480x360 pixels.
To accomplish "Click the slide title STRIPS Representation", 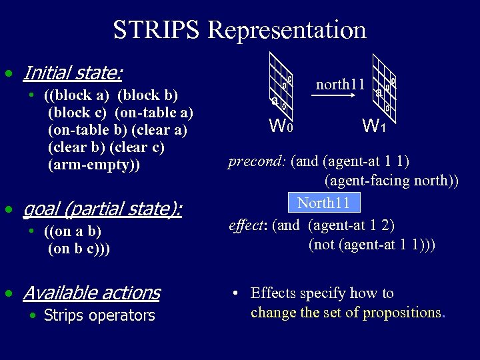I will [239, 30].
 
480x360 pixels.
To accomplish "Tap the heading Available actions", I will [91, 293].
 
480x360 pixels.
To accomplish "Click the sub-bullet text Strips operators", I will [99, 315].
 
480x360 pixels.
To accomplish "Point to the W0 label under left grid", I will [280, 125].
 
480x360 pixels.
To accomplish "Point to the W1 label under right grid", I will [374, 125].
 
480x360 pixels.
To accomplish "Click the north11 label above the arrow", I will [339, 85].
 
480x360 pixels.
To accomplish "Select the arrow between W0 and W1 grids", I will [339, 96].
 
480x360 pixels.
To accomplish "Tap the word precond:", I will [257, 161].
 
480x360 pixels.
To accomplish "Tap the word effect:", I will [247, 225].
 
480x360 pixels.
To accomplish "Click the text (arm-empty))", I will [94, 165].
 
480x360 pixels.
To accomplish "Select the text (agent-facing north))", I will [391, 180].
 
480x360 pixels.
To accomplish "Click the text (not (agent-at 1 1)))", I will [371, 244].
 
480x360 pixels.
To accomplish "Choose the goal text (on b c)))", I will [79, 249].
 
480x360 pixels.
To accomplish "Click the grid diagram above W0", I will [281, 87].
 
